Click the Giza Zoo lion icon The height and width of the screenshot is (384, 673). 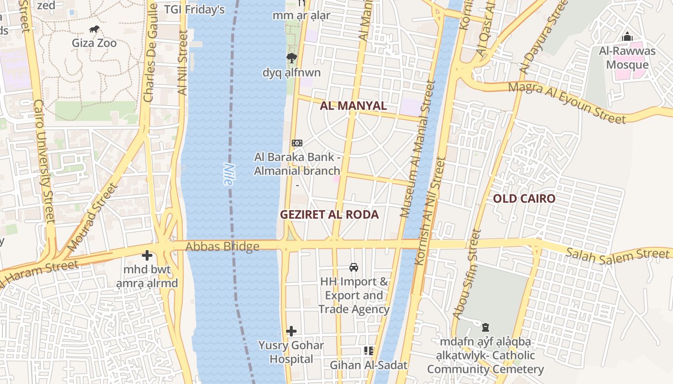click(95, 29)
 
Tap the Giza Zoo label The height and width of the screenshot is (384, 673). click(94, 43)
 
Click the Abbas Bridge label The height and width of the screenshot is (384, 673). click(222, 247)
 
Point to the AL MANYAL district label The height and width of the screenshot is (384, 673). click(353, 106)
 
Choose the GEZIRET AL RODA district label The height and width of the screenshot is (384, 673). click(329, 215)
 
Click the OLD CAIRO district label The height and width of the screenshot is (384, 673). click(524, 198)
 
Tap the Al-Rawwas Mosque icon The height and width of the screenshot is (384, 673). click(627, 37)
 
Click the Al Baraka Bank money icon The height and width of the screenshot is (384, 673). click(297, 143)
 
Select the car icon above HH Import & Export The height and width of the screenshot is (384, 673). click(354, 267)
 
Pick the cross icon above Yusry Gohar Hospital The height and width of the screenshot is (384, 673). click(291, 331)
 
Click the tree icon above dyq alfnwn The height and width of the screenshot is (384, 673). click(291, 59)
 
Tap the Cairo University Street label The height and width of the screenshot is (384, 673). click(44, 161)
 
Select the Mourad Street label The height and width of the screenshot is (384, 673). click(92, 217)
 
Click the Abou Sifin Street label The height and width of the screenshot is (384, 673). click(466, 274)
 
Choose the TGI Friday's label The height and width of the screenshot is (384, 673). click(194, 10)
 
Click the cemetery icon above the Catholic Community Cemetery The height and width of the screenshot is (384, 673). click(486, 327)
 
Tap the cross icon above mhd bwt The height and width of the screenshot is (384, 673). click(147, 255)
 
